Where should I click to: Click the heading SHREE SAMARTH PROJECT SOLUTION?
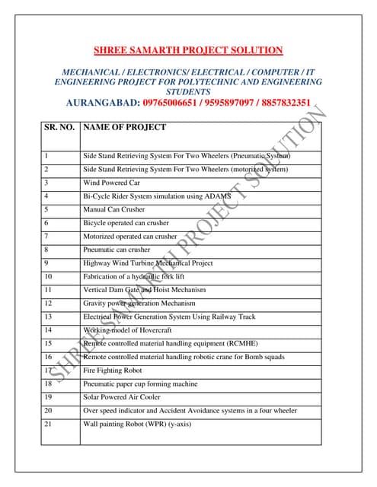pyautogui.click(x=187, y=51)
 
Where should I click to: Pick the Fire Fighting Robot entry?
pyautogui.click(x=113, y=371)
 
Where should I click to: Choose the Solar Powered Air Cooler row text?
pyautogui.click(x=122, y=397)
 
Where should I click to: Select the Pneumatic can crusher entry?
pyautogui.click(x=117, y=250)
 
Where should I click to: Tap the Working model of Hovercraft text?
pyautogui.click(x=123, y=330)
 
